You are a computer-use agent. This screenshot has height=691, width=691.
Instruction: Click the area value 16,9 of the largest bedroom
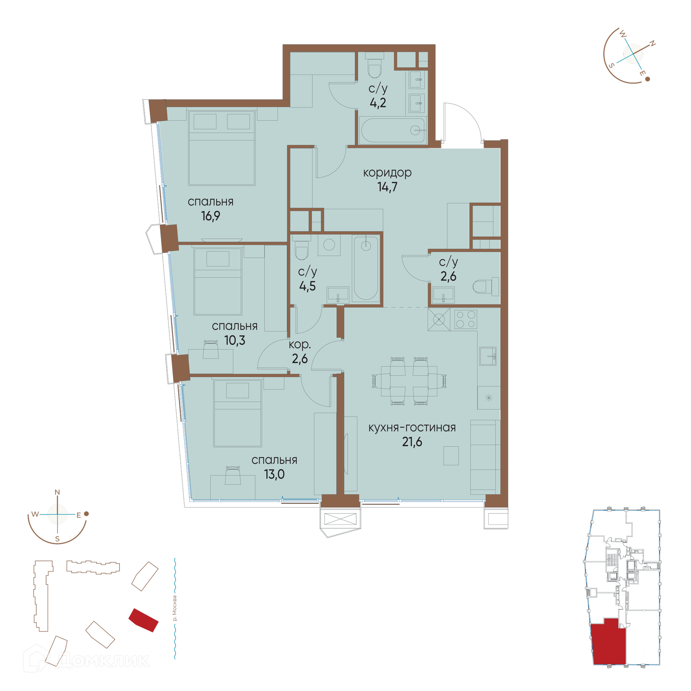pyautogui.click(x=211, y=216)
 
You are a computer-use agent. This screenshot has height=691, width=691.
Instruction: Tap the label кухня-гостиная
pyautogui.click(x=412, y=428)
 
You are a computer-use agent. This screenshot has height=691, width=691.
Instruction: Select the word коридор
pyautogui.click(x=387, y=173)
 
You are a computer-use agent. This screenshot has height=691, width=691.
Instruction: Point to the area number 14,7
pyautogui.click(x=387, y=187)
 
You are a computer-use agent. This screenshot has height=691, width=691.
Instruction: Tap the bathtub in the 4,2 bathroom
pyautogui.click(x=393, y=130)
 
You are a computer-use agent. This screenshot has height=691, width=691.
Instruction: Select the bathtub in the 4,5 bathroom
pyautogui.click(x=366, y=268)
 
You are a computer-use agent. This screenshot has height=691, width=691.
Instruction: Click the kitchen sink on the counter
pyautogui.click(x=488, y=356)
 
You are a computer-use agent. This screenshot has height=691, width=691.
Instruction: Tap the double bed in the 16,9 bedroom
pyautogui.click(x=222, y=148)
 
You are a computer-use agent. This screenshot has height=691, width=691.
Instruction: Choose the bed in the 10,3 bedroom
pyautogui.click(x=218, y=281)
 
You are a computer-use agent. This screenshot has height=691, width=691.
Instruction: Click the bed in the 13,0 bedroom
pyautogui.click(x=238, y=414)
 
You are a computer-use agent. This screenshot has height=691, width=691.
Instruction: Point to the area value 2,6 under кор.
pyautogui.click(x=300, y=359)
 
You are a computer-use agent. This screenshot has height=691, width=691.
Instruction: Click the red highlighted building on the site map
pyautogui.click(x=144, y=620)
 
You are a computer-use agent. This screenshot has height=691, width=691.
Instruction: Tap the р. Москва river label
pyautogui.click(x=175, y=608)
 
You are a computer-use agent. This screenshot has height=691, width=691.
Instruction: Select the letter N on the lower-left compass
pyautogui.click(x=57, y=492)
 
